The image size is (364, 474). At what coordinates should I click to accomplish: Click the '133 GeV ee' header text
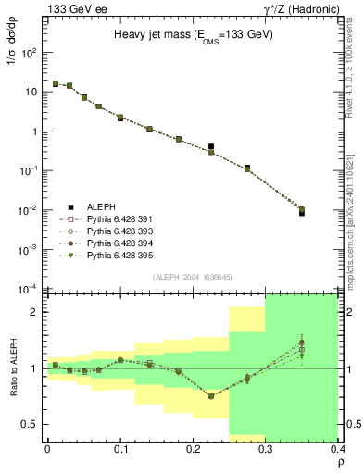[x=72, y=8]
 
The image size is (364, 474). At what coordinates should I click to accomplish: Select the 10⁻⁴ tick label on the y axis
[x=30, y=288]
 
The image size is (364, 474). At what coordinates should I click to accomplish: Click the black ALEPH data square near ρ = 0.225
[x=211, y=146]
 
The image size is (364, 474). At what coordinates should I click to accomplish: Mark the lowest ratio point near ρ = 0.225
[x=211, y=395]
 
